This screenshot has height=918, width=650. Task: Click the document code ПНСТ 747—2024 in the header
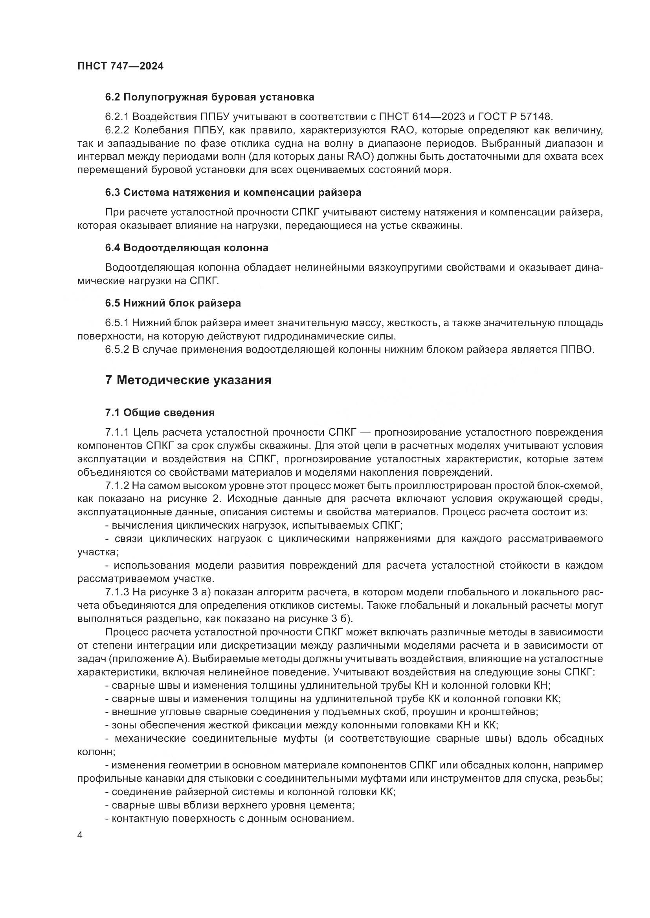[x=120, y=66]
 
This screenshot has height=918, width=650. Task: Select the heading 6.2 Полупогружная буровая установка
[x=209, y=97]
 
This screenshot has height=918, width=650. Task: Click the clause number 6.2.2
[x=117, y=130]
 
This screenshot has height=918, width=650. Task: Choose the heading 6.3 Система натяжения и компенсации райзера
[x=233, y=192]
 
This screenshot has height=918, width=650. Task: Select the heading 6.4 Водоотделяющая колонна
[x=187, y=248]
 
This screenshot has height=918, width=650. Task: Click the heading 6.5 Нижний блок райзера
[x=173, y=303]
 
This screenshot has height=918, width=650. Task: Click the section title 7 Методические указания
[x=188, y=380]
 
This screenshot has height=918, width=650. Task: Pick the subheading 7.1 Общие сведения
[x=160, y=412]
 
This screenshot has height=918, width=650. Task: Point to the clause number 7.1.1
[x=117, y=432]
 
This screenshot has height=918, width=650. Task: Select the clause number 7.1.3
[x=117, y=592]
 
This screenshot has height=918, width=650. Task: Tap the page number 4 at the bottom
[x=80, y=836]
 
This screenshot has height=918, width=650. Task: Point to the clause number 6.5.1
[x=117, y=323]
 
